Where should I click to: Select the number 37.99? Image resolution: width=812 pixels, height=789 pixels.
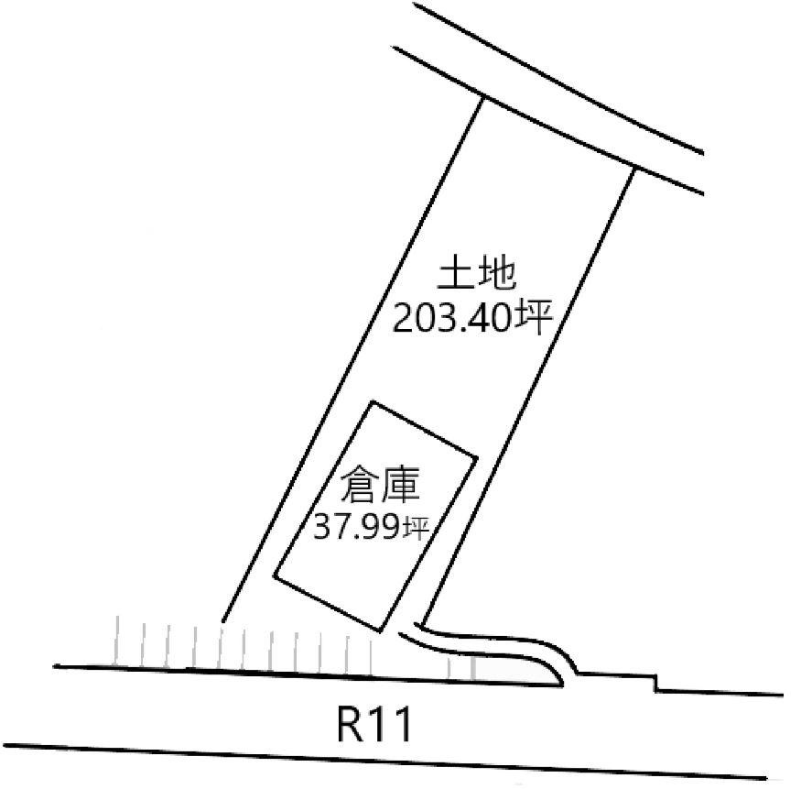pos(357,527)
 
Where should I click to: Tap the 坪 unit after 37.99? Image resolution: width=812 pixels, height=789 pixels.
pos(416,528)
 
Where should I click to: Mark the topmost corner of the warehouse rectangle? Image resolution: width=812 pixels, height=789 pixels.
pos(372,402)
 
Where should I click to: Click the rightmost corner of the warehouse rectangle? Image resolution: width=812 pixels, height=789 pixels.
pos(476,456)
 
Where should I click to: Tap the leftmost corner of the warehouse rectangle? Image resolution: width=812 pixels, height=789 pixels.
pos(275,575)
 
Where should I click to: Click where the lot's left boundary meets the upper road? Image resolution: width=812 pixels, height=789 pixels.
pos(482,98)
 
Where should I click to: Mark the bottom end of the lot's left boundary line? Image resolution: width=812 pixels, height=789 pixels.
pos(223,620)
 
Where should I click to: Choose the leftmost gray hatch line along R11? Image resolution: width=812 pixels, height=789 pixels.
pos(117,641)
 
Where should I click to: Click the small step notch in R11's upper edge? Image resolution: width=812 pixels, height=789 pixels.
pos(656,682)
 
